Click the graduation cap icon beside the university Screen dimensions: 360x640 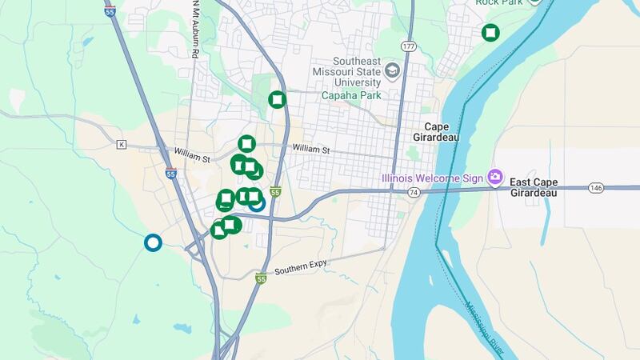pyautogui.click(x=392, y=70)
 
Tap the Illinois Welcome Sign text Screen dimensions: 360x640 pyautogui.click(x=432, y=177)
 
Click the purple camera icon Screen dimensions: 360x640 pyautogui.click(x=495, y=175)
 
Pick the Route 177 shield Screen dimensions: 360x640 pyautogui.click(x=409, y=46)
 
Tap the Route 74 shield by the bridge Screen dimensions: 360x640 pyautogui.click(x=413, y=193)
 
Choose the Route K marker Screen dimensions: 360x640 pyautogui.click(x=122, y=145)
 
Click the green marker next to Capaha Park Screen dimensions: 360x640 pyautogui.click(x=277, y=100)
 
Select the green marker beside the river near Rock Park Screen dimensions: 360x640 pyautogui.click(x=490, y=32)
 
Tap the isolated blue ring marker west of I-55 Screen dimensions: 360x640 pyautogui.click(x=151, y=242)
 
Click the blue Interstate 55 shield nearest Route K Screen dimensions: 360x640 pyautogui.click(x=171, y=172)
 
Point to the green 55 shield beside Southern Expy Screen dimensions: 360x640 pyautogui.click(x=261, y=278)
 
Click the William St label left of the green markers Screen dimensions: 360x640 pyautogui.click(x=191, y=153)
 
